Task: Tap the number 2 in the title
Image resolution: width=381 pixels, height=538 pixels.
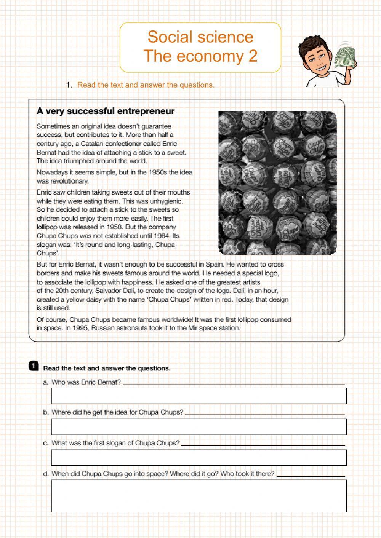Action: click(x=253, y=56)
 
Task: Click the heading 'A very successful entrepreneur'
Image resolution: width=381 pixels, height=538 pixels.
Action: click(x=106, y=111)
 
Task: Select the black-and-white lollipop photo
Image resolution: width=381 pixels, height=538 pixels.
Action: click(x=277, y=182)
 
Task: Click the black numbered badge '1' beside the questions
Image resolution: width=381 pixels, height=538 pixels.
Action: click(x=34, y=366)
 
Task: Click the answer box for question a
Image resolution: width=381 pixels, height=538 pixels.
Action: click(x=199, y=396)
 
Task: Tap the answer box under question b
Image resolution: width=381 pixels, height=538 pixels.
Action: click(x=199, y=427)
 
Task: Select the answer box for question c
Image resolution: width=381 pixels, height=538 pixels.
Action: click(x=199, y=458)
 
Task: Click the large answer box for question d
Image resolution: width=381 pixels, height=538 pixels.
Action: click(x=199, y=495)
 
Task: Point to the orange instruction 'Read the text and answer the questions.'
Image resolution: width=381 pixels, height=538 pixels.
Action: click(x=146, y=85)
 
